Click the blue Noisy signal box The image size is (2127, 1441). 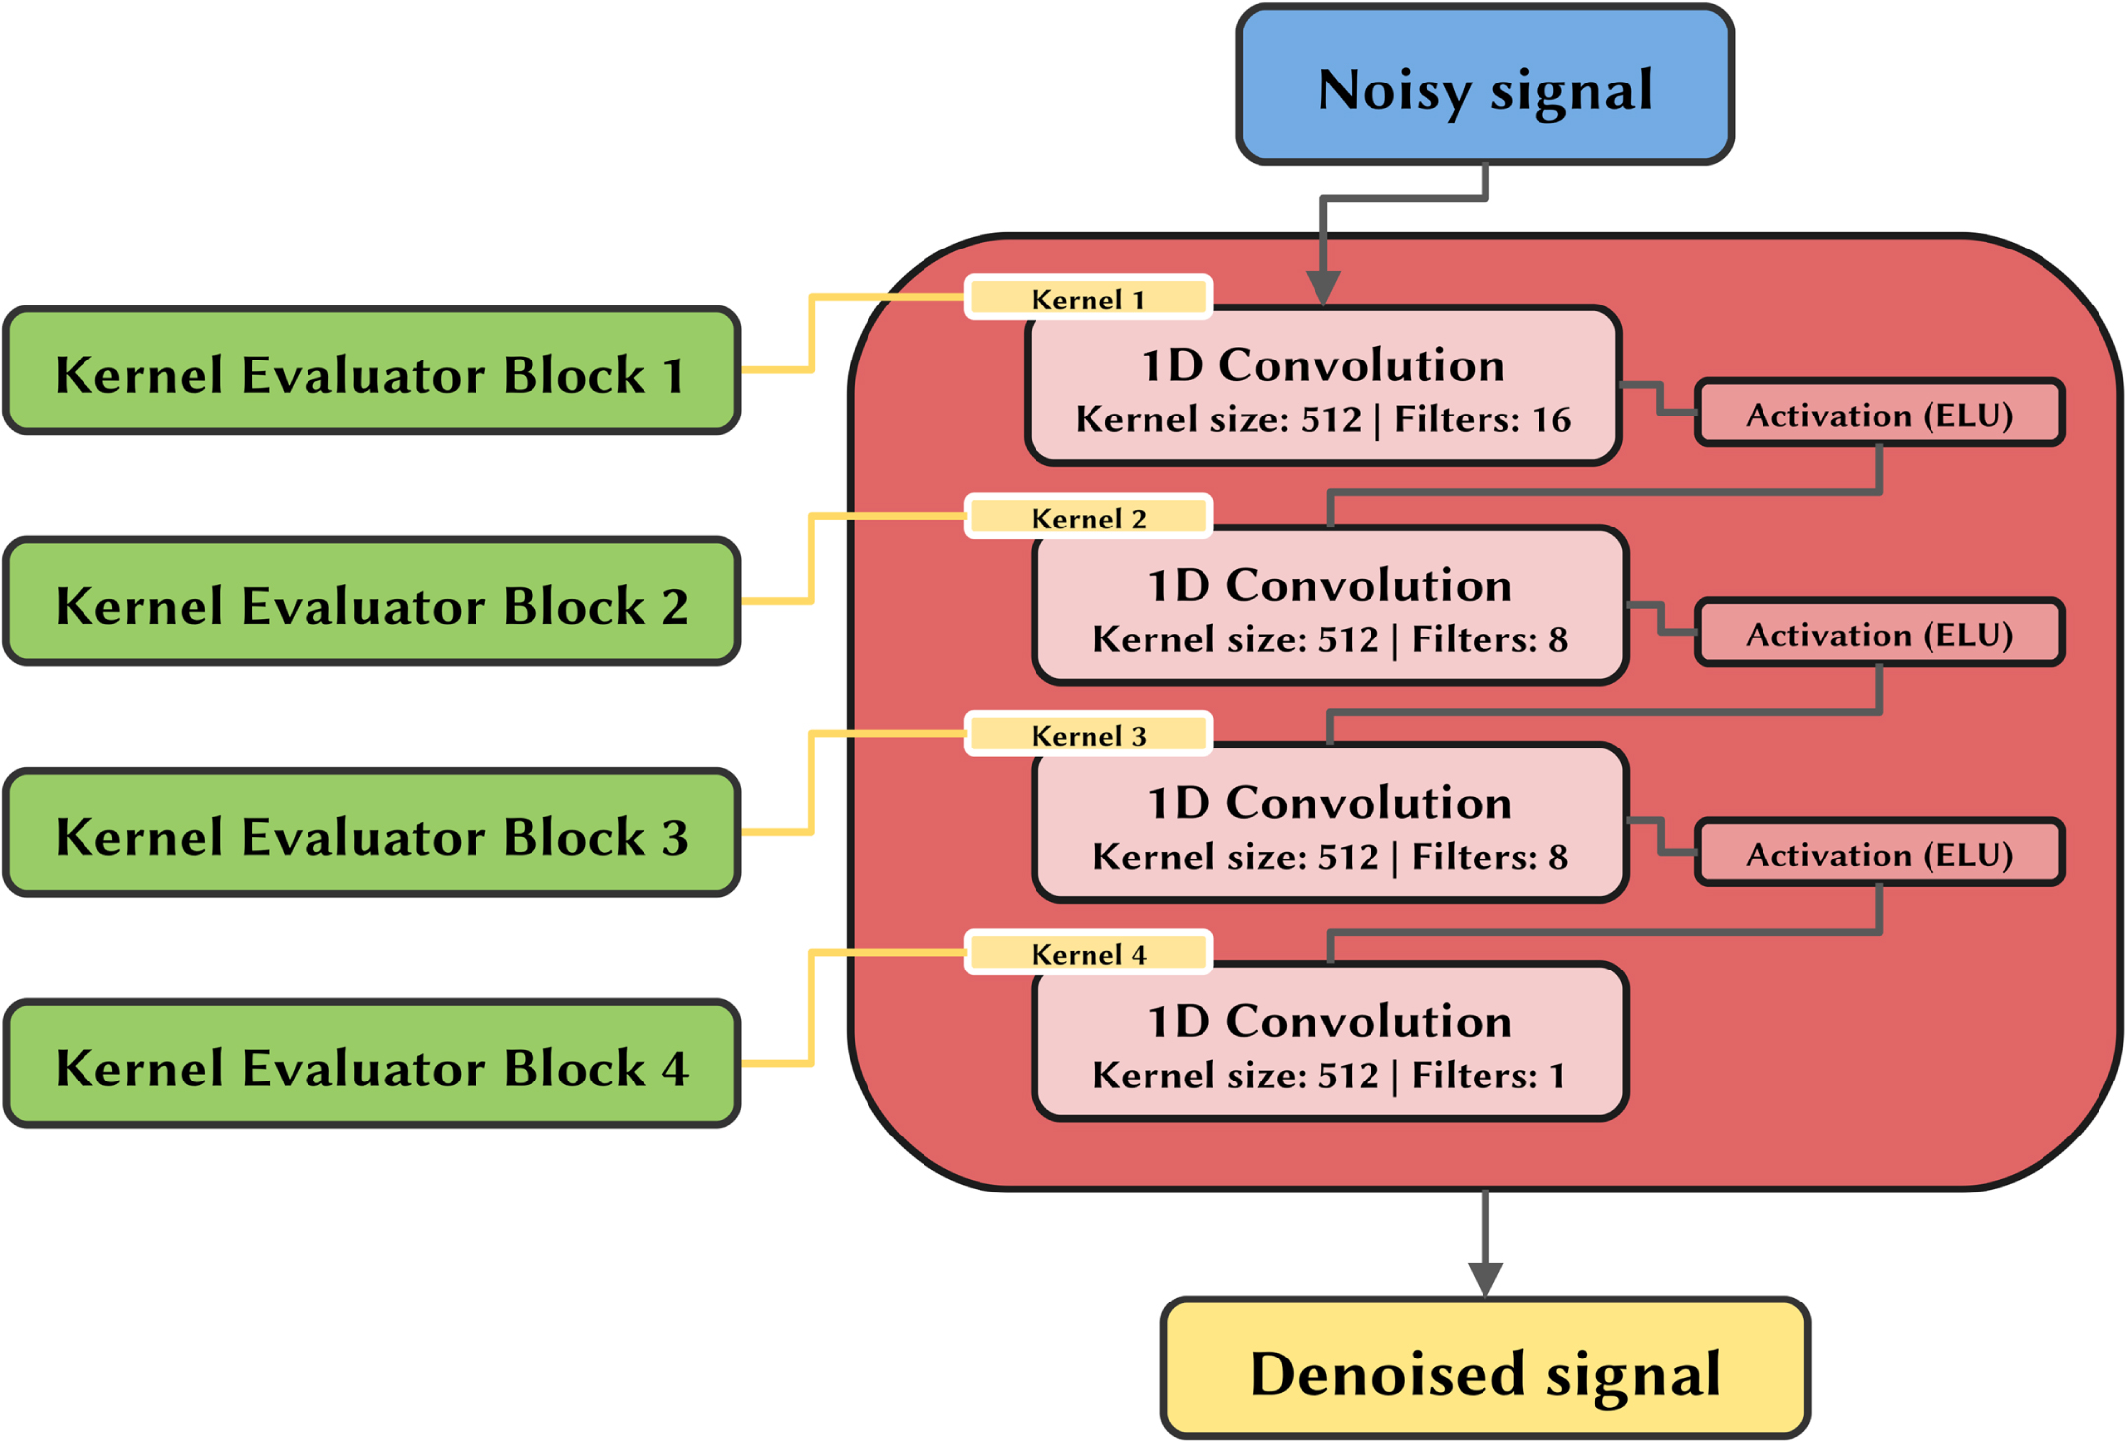click(1484, 84)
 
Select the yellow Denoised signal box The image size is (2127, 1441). click(1484, 1368)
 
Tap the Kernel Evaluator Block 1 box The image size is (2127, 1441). click(371, 370)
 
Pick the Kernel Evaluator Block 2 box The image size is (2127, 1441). click(371, 601)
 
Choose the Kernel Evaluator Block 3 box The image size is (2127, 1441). click(371, 832)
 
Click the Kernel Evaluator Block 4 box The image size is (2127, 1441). click(371, 1063)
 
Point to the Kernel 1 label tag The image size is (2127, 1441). click(1089, 298)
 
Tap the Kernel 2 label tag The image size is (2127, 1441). click(1089, 517)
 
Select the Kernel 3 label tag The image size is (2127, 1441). click(1089, 735)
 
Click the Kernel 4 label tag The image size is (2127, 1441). click(1089, 953)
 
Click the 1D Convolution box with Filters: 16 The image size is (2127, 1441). click(1322, 385)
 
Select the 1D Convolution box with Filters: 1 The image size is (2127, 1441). click(1330, 1041)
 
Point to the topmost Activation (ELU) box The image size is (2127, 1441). click(1879, 414)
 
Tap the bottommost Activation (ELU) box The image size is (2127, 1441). click(1879, 853)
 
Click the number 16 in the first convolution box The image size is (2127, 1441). click(1551, 420)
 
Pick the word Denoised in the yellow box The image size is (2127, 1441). click(1387, 1372)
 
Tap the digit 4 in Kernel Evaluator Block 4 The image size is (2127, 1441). click(674, 1068)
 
